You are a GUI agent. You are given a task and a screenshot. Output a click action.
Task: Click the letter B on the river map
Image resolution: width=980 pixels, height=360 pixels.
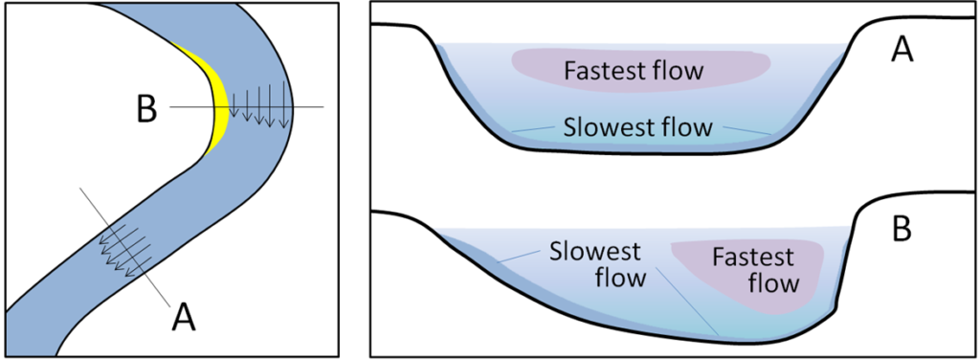click(145, 109)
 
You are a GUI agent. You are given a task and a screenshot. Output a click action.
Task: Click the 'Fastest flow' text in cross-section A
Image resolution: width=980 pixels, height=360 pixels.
click(634, 71)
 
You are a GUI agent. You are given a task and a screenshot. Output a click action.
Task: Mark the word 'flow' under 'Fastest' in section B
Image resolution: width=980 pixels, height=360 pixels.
click(772, 283)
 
